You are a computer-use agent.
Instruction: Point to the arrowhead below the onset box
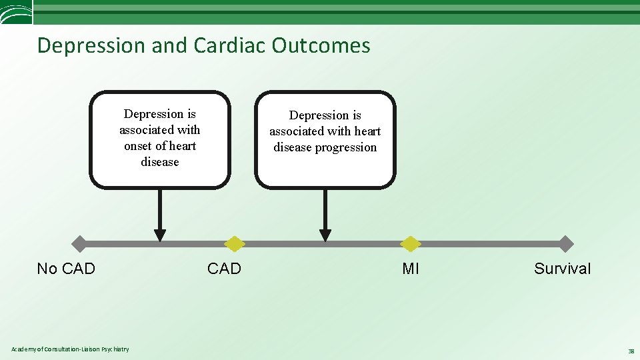pyautogui.click(x=160, y=235)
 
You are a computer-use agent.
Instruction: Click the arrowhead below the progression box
pyautogui.click(x=325, y=235)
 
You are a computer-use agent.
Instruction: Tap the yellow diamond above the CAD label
pyautogui.click(x=234, y=244)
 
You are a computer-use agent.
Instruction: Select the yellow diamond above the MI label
pyautogui.click(x=411, y=244)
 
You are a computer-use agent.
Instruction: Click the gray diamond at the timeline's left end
pyautogui.click(x=79, y=244)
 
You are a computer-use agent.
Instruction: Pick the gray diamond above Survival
pyautogui.click(x=565, y=244)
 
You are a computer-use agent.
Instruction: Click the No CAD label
pyautogui.click(x=66, y=269)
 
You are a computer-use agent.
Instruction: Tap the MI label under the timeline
pyautogui.click(x=411, y=269)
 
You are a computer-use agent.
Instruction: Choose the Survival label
pyautogui.click(x=562, y=269)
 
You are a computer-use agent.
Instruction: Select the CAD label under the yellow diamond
pyautogui.click(x=224, y=269)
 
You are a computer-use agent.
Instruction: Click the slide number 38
pyautogui.click(x=630, y=351)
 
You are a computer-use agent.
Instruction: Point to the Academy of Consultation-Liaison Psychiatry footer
pyautogui.click(x=71, y=349)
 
